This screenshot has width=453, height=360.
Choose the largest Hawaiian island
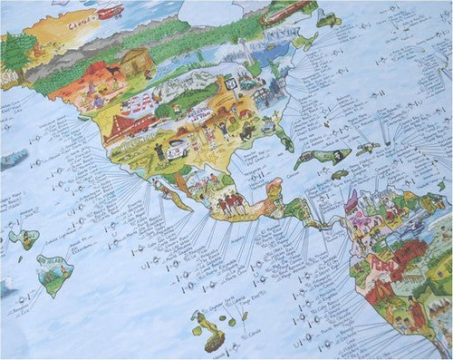tap(55, 268)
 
